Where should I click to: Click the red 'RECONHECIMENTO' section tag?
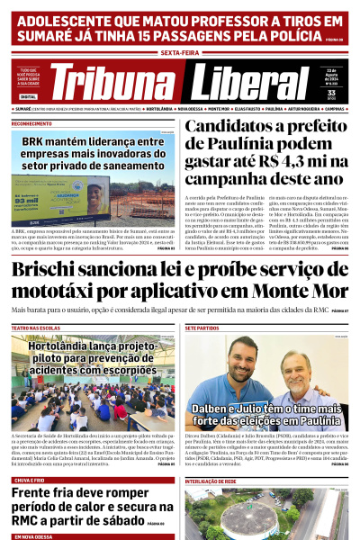tap(31, 123)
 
